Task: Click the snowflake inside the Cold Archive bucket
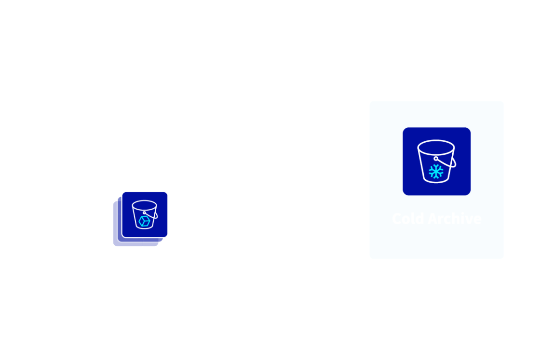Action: [436, 171]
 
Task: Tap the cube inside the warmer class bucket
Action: [144, 221]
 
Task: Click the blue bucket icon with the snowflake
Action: [436, 161]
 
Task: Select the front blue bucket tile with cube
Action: [145, 214]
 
